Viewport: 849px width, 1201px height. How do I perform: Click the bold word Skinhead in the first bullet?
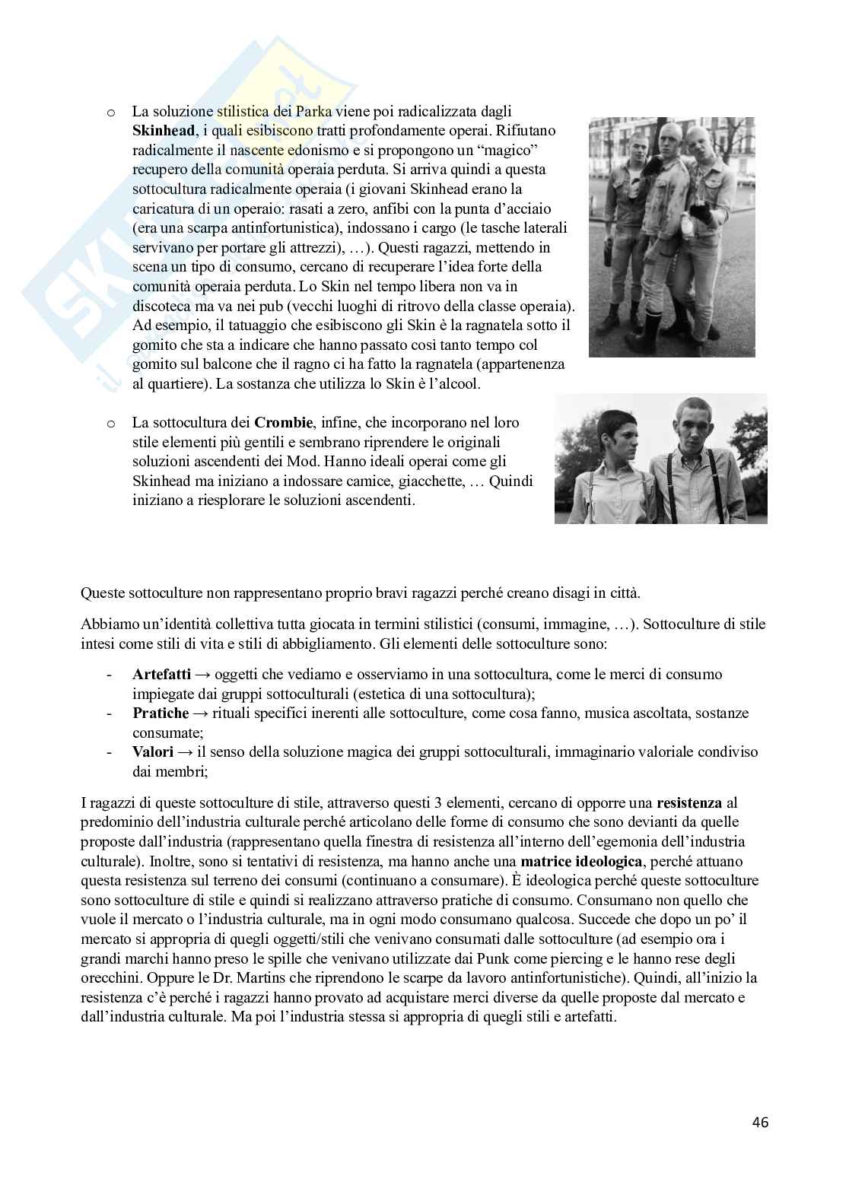(x=161, y=129)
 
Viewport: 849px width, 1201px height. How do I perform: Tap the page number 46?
(x=760, y=1122)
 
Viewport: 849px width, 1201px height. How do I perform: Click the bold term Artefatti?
(x=161, y=674)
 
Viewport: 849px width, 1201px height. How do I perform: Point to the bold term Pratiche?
(x=161, y=713)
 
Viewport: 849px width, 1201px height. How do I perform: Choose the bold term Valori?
(x=153, y=752)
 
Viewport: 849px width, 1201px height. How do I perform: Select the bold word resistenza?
(x=689, y=802)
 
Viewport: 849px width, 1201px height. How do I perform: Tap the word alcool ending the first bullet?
(x=456, y=384)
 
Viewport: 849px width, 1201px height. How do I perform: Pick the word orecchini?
(x=113, y=979)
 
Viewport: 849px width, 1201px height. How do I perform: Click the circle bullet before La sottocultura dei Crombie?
(x=110, y=423)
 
